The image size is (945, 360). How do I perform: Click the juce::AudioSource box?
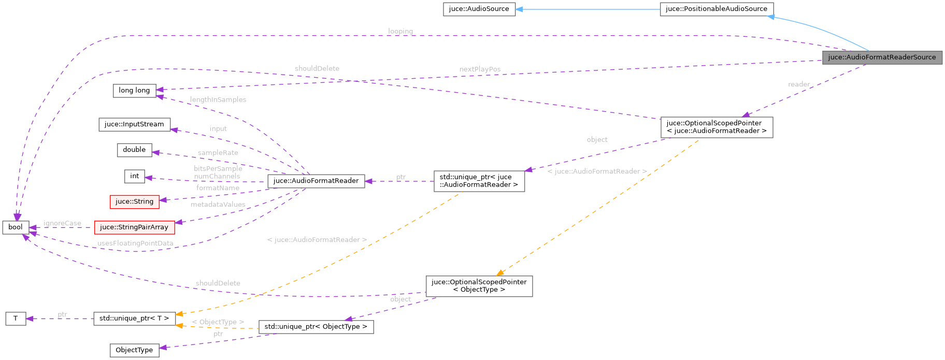479,9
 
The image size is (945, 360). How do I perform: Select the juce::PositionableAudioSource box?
716,9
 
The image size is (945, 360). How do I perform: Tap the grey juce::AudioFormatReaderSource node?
881,57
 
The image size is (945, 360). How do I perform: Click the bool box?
16,227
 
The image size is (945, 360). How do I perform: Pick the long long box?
134,91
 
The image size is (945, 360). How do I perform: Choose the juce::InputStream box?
134,124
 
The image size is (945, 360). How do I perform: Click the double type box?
134,150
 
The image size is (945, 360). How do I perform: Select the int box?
134,176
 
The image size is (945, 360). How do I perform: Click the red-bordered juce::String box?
134,201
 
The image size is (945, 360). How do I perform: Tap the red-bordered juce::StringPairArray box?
134,227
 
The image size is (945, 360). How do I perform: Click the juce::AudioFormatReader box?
316,181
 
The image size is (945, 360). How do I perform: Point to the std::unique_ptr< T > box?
134,318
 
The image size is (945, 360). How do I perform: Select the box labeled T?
16,318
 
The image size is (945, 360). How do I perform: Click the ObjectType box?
134,350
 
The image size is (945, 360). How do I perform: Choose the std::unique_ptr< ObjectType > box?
316,326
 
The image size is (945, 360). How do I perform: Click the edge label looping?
400,31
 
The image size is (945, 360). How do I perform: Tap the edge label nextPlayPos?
480,69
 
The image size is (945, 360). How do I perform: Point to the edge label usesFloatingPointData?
135,243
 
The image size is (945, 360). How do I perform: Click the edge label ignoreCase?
62,223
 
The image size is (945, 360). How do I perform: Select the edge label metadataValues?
218,205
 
